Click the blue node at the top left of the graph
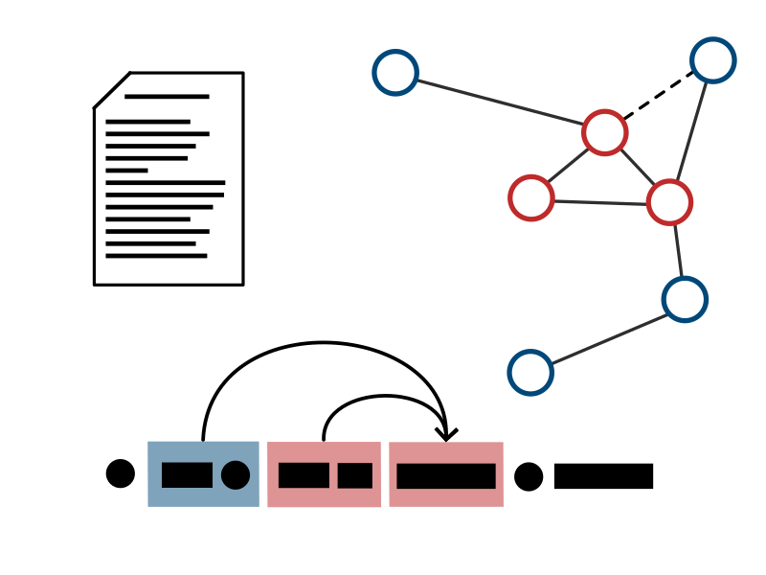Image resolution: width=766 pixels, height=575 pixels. pyautogui.click(x=395, y=73)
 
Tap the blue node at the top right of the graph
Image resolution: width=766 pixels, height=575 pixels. pyautogui.click(x=713, y=60)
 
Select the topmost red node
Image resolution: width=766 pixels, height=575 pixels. pyautogui.click(x=604, y=132)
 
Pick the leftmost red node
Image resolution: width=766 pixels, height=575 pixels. pyautogui.click(x=531, y=197)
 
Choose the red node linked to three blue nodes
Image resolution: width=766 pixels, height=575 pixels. pyautogui.click(x=669, y=202)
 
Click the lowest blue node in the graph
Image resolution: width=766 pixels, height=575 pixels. pyautogui.click(x=530, y=373)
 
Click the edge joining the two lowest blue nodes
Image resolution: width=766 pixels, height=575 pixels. pyautogui.click(x=607, y=336)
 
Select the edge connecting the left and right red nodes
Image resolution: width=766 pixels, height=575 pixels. pyautogui.click(x=600, y=200)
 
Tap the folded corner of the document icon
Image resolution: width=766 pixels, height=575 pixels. pyautogui.click(x=110, y=89)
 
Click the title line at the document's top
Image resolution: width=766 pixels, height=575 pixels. pyautogui.click(x=167, y=97)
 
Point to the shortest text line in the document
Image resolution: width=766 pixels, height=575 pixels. pyautogui.click(x=126, y=171)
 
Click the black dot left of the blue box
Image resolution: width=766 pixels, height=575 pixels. pyautogui.click(x=121, y=473)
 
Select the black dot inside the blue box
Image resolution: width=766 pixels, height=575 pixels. pyautogui.click(x=236, y=474)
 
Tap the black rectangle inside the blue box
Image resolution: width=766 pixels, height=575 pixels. pyautogui.click(x=187, y=475)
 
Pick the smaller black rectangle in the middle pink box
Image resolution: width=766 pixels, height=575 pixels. pyautogui.click(x=354, y=475)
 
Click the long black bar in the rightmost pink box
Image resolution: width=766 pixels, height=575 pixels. pyautogui.click(x=446, y=476)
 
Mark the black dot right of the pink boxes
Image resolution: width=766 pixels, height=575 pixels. pyautogui.click(x=529, y=476)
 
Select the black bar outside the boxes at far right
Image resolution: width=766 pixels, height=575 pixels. pyautogui.click(x=603, y=476)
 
